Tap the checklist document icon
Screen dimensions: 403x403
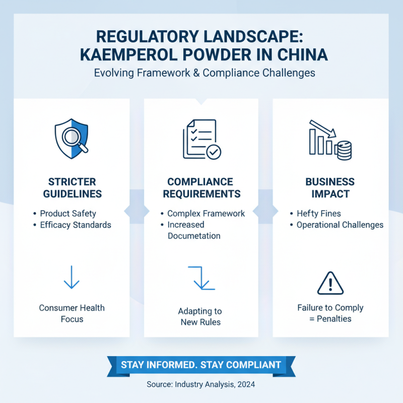(201, 139)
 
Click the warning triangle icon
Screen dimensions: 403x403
(330, 283)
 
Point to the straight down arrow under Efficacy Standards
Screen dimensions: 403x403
(72, 278)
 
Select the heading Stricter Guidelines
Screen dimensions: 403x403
(72, 187)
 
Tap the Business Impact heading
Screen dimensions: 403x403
(330, 187)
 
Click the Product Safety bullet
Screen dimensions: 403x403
(68, 214)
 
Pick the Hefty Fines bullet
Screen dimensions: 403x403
(319, 214)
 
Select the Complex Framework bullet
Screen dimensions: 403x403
(206, 214)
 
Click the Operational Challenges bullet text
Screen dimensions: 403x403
(340, 225)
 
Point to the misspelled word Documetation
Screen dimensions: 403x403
(194, 236)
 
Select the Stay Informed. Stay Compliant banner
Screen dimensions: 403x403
(200, 364)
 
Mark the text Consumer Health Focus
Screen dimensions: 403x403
(72, 313)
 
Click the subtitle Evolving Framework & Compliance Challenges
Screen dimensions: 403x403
(205, 73)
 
